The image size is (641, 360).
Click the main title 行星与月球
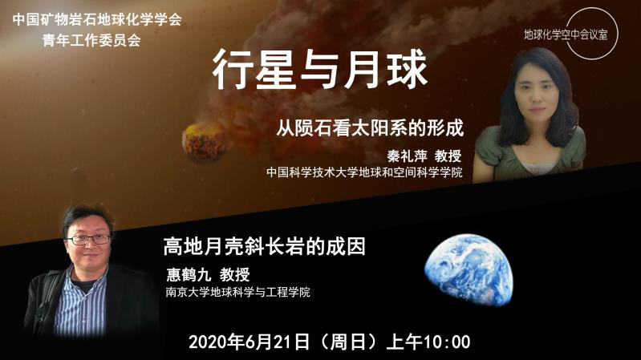[x=319, y=69]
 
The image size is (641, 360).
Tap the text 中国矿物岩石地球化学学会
[x=97, y=19]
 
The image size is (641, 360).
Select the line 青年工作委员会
[x=91, y=40]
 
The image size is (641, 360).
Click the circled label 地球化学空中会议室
[x=566, y=34]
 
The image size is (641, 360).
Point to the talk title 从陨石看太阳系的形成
[x=370, y=128]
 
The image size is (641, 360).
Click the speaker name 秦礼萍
[x=408, y=156]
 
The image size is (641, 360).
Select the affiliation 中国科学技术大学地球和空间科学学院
[x=364, y=172]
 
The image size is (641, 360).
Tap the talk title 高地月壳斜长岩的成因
[x=264, y=246]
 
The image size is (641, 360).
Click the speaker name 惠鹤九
[x=188, y=274]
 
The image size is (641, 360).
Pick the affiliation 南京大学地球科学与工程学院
[x=238, y=292]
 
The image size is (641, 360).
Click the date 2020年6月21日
[x=249, y=342]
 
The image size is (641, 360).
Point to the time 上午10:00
[x=428, y=342]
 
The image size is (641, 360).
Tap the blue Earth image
[x=469, y=269]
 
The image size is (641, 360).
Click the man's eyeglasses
[x=89, y=239]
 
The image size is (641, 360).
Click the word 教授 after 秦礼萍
[x=448, y=156]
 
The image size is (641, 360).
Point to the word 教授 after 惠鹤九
[x=234, y=274]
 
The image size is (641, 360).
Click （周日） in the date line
[x=347, y=342]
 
